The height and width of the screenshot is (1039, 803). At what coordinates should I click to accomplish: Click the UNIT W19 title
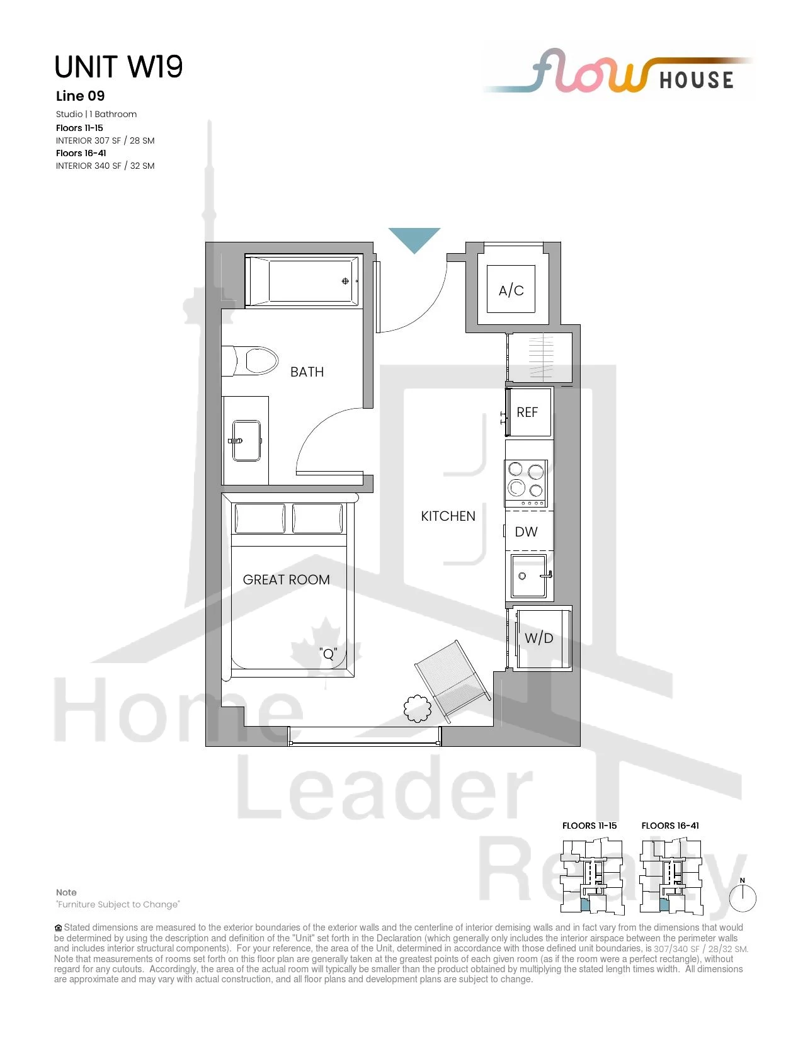click(x=118, y=67)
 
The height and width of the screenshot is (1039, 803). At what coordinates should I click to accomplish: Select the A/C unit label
click(x=511, y=290)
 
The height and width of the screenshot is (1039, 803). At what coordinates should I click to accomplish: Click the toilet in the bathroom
click(x=250, y=361)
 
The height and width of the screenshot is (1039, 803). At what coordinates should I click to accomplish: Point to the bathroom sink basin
click(x=246, y=440)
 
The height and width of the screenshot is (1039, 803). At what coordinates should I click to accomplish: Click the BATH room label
click(x=307, y=372)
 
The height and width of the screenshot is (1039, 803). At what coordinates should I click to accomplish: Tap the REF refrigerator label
click(x=527, y=412)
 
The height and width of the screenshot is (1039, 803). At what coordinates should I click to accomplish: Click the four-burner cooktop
click(x=526, y=483)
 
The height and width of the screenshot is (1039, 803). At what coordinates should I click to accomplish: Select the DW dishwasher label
click(x=526, y=531)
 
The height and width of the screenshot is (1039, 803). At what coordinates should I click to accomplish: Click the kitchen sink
click(x=529, y=576)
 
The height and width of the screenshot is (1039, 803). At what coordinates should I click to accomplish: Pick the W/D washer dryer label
click(x=539, y=638)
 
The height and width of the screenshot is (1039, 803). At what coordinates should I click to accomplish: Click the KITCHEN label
click(x=448, y=516)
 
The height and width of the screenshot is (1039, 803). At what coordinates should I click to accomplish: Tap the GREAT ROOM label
click(x=287, y=579)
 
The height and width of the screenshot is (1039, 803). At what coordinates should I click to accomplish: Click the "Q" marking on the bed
click(x=328, y=653)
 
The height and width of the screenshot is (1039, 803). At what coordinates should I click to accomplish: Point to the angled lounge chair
click(x=452, y=681)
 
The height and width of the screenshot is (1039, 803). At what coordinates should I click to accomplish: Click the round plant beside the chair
click(x=418, y=708)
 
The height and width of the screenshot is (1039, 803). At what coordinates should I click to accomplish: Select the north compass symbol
click(x=743, y=897)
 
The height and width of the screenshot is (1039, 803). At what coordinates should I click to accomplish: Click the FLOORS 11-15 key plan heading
click(x=589, y=826)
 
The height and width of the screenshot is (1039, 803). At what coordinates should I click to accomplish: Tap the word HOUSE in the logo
click(x=697, y=80)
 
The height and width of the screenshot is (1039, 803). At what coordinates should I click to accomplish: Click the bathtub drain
click(x=345, y=281)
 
